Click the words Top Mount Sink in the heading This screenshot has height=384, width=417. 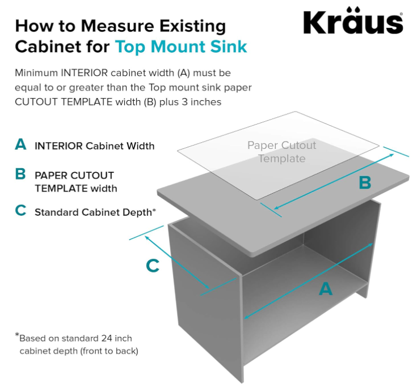point(181,46)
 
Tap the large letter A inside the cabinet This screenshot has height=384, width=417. point(325,289)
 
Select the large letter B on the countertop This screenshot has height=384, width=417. point(364,182)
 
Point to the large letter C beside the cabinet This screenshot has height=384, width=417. point(153,266)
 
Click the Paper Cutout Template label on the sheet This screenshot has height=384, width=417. point(282,152)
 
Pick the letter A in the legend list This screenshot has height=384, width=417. point(21,145)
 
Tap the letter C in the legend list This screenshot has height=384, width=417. point(21,211)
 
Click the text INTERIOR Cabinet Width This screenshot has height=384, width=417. point(94,146)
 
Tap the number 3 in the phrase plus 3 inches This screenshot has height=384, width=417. point(184,102)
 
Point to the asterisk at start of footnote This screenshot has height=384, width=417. point(17,336)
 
